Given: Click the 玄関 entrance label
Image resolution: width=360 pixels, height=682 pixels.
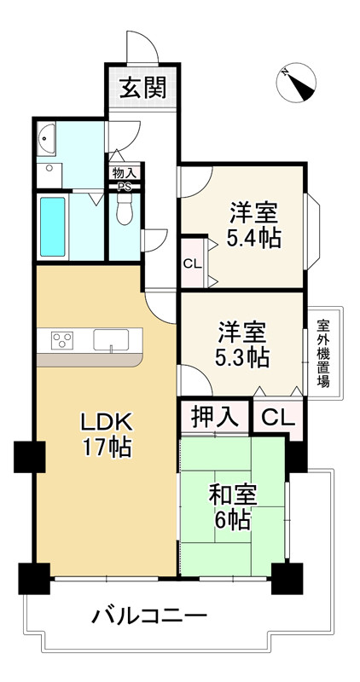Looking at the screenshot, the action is pyautogui.click(x=142, y=89).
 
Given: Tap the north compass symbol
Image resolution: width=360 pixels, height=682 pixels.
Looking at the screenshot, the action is pyautogui.click(x=296, y=82).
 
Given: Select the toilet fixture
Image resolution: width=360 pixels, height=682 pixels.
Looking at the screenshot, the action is pyautogui.click(x=125, y=208).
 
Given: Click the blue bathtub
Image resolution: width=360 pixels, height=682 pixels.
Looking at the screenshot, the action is pyautogui.click(x=53, y=227).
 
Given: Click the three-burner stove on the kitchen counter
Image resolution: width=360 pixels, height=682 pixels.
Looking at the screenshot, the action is pyautogui.click(x=61, y=340).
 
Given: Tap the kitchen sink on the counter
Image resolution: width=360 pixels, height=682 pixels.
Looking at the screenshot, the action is pyautogui.click(x=111, y=339).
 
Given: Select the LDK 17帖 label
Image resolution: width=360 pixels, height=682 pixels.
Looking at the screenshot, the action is pyautogui.click(x=105, y=434).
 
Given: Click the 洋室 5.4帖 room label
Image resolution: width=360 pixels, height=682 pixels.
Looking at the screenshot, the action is pyautogui.click(x=253, y=225).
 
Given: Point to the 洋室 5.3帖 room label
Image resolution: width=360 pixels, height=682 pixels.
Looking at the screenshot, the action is pyautogui.click(x=241, y=344).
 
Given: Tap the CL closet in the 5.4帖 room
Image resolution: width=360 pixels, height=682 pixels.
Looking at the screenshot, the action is pyautogui.click(x=193, y=263).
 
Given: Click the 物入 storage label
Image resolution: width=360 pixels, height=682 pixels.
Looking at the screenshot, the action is pyautogui.click(x=124, y=173).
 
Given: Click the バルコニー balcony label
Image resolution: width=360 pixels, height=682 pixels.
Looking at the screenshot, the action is pyautogui.click(x=150, y=616).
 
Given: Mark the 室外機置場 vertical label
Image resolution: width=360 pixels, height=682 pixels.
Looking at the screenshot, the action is pyautogui.click(x=323, y=353).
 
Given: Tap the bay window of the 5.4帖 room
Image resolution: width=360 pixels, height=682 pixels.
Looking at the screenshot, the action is pyautogui.click(x=312, y=230).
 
